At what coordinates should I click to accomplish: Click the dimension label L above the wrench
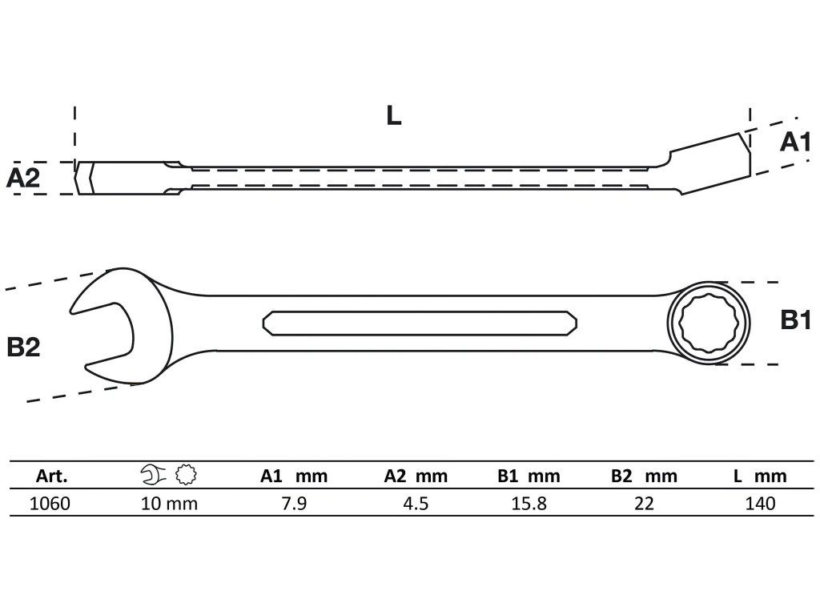pos(392,116)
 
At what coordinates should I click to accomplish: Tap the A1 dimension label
pos(796,143)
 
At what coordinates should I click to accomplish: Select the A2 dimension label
pos(23,177)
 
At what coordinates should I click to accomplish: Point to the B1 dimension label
pos(796,322)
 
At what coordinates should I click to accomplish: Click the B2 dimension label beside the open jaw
pos(23,347)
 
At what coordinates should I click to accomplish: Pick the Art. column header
pos(52,476)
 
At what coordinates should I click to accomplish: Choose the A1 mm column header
pos(294,476)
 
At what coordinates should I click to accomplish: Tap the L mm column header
pos(759,476)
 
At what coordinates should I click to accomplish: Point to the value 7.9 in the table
pos(294,503)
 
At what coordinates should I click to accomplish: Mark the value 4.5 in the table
pos(415,503)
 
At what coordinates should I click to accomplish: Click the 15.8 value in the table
pos(528,503)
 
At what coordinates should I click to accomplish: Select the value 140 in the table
pos(759,503)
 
